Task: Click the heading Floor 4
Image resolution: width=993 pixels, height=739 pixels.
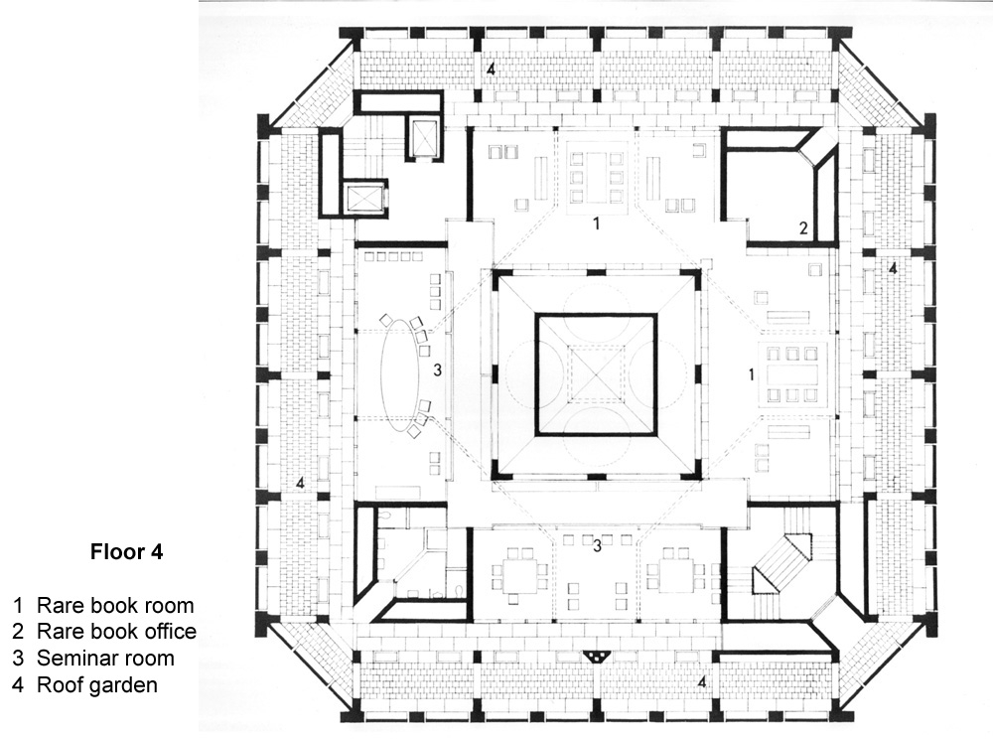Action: [126, 552]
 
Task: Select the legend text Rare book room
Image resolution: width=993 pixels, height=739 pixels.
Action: [114, 605]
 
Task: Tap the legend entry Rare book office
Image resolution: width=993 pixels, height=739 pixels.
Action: [116, 631]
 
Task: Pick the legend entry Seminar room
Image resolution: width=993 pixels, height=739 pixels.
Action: [105, 658]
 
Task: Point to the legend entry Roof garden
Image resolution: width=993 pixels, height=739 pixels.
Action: [97, 683]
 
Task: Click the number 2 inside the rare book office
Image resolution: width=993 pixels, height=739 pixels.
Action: [804, 228]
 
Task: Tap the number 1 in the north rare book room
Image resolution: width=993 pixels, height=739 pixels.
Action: [596, 223]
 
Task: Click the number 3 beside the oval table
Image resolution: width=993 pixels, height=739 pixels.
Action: [437, 371]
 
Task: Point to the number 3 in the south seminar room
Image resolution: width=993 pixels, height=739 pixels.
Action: [597, 545]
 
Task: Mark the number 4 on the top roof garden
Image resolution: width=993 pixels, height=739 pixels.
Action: [490, 69]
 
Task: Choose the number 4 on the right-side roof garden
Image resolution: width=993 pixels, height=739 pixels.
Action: [892, 268]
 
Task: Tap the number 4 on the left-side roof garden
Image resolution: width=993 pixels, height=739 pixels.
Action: [299, 483]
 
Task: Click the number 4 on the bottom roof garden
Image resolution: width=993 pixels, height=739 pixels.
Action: [702, 682]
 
